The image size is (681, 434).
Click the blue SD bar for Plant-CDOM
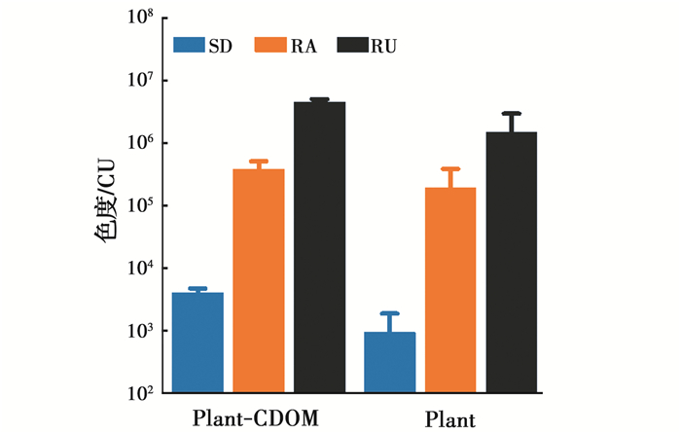coord(198,343)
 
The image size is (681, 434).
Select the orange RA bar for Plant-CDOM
coord(259,281)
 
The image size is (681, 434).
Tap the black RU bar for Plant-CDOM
coord(320,247)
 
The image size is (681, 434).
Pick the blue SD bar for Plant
coord(390,362)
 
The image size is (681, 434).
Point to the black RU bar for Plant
coord(512,263)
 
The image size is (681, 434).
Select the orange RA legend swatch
coord(269,45)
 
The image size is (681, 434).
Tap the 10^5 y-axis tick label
coord(141,206)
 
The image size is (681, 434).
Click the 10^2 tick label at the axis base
coord(141,394)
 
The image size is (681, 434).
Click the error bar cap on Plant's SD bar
coord(390,313)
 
